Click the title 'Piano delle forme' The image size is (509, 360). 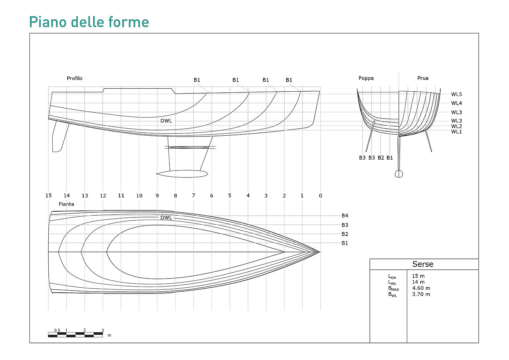(x=89, y=22)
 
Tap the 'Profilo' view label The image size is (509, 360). (x=75, y=78)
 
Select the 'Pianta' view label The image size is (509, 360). (x=66, y=204)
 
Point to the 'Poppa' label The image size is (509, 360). (x=366, y=78)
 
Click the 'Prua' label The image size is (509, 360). (x=423, y=78)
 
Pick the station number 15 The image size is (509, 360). (x=49, y=196)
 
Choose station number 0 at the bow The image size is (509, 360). (x=320, y=196)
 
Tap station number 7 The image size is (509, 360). (x=193, y=196)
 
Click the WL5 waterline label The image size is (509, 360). (x=456, y=95)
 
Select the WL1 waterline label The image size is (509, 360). (x=456, y=132)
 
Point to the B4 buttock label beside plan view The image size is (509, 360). (x=345, y=216)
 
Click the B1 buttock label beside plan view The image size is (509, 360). (x=345, y=243)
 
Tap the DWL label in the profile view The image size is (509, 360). (x=166, y=121)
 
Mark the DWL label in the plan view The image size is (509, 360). (x=166, y=218)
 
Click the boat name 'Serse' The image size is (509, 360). (x=423, y=264)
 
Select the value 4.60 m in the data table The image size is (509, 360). (x=421, y=288)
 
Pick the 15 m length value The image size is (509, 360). (x=418, y=276)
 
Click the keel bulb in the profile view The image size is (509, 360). (x=182, y=174)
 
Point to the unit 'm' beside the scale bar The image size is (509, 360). (x=109, y=335)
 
